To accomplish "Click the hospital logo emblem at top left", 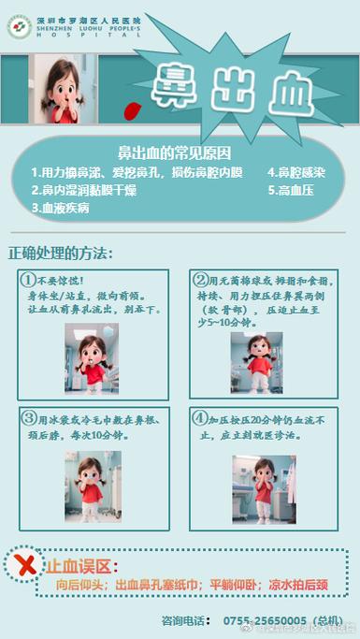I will [18, 26].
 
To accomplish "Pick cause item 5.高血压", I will [290, 190].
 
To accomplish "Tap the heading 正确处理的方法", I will [61, 254].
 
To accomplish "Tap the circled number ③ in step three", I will [30, 418].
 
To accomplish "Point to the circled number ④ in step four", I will [199, 418].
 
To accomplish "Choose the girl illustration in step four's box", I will [263, 489].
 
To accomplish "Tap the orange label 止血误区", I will [80, 567].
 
